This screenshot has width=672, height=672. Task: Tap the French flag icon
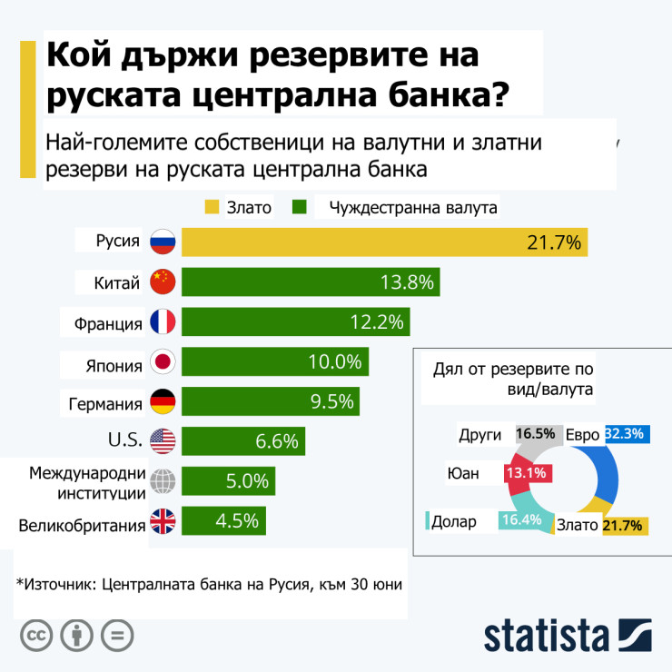tap(162, 322)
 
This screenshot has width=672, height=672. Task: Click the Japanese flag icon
tap(162, 363)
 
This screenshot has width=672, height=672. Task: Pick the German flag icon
tap(162, 402)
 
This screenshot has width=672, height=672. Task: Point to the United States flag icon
tap(162, 442)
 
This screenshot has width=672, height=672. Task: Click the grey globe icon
tap(162, 481)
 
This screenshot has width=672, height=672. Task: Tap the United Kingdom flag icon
tap(162, 521)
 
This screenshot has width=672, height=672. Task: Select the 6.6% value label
tap(277, 442)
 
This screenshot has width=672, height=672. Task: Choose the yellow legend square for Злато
tap(213, 208)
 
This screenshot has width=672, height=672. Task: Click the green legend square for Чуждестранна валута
tap(301, 208)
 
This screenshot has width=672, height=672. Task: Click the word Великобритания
tap(83, 525)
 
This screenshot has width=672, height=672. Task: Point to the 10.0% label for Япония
tap(335, 362)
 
